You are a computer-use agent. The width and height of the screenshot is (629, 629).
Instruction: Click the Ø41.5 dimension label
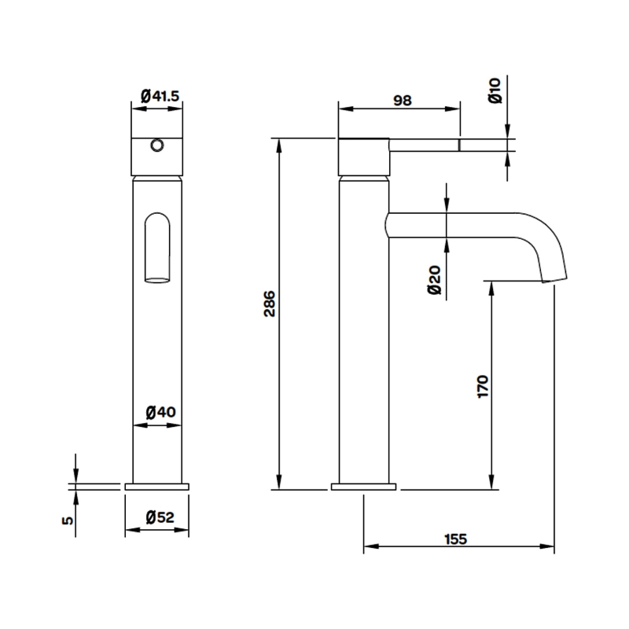[160, 96]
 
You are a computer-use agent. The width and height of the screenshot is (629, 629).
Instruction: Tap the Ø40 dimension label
[160, 411]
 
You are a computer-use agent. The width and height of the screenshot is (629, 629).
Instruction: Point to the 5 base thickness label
[68, 520]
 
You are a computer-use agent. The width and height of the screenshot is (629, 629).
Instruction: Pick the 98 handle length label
[402, 100]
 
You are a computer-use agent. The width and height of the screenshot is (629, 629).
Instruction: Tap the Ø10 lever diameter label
[495, 92]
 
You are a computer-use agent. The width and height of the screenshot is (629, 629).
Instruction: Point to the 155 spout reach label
[458, 539]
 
